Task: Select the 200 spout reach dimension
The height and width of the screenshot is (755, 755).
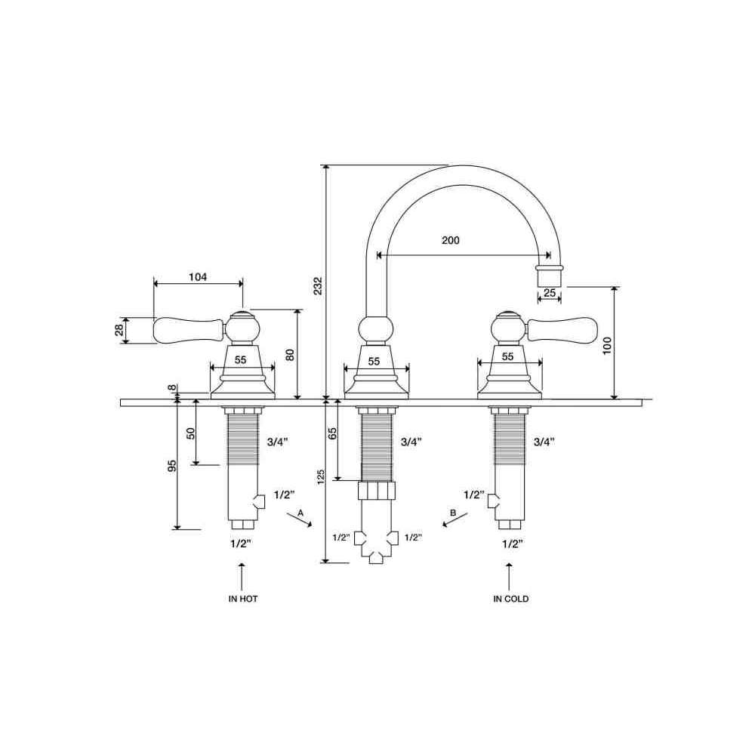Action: [x=451, y=240]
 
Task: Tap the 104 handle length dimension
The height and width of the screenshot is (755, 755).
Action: [x=198, y=277]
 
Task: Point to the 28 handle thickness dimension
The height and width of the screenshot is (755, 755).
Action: [x=119, y=330]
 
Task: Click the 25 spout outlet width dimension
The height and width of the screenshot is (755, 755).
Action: [x=550, y=292]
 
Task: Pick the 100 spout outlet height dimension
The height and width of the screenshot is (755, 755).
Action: [x=607, y=346]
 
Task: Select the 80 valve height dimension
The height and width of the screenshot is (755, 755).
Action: [x=290, y=355]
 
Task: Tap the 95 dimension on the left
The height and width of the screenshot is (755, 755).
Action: [x=172, y=466]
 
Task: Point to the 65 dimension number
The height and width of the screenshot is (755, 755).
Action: [x=332, y=433]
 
